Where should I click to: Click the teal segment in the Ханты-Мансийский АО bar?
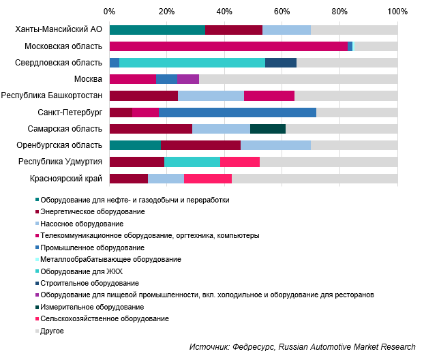(157, 30)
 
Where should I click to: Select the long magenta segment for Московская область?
(228, 46)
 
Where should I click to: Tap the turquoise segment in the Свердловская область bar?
(192, 63)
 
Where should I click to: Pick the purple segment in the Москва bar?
(187, 79)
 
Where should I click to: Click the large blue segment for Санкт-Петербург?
(237, 112)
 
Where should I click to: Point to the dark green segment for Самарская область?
(286, 128)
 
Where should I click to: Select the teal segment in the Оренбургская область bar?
(135, 145)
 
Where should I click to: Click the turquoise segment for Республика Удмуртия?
(192, 162)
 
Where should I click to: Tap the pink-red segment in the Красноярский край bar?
(208, 178)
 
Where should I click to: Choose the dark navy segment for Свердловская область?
(280, 63)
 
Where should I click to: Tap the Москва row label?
(88, 79)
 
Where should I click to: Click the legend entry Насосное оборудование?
(82, 224)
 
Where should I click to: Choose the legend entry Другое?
(52, 331)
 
